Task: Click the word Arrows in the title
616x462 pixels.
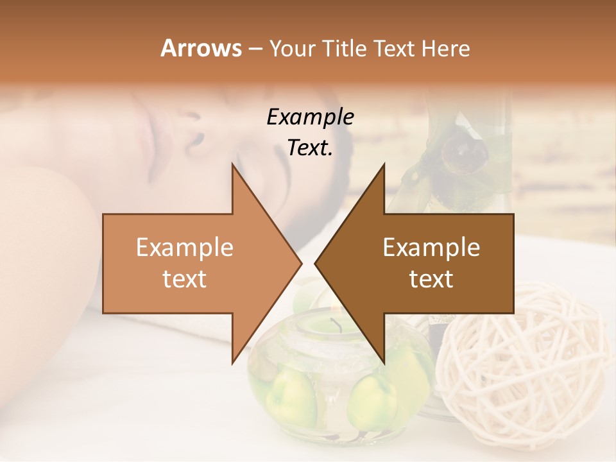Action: pyautogui.click(x=201, y=48)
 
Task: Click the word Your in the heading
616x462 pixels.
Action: pyautogui.click(x=292, y=49)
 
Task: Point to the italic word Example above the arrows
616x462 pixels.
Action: pyautogui.click(x=310, y=117)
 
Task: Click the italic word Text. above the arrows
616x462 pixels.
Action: pyautogui.click(x=310, y=148)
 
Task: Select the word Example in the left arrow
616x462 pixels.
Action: pyautogui.click(x=185, y=247)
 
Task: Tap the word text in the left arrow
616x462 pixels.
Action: pyautogui.click(x=185, y=278)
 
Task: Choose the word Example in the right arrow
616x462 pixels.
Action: pyautogui.click(x=431, y=247)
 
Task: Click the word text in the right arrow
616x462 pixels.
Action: pyautogui.click(x=431, y=278)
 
